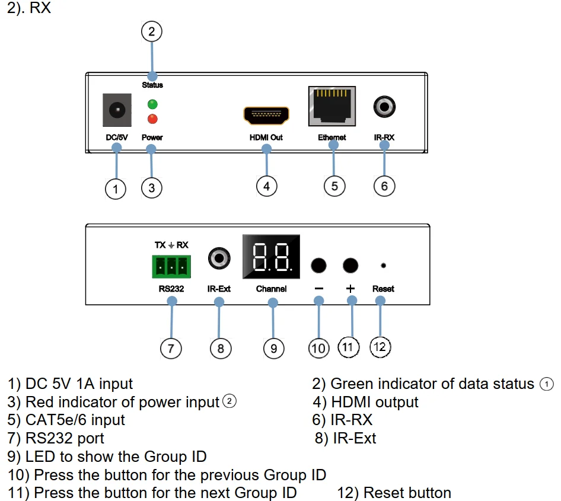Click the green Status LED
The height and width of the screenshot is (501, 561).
click(x=152, y=104)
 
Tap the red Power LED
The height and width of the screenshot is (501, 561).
click(x=152, y=119)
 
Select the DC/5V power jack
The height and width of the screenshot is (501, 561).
click(x=117, y=110)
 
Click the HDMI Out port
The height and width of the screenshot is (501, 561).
click(x=266, y=115)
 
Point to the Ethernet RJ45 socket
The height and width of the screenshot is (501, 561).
click(x=332, y=106)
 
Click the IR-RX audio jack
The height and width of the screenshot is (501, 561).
click(x=384, y=107)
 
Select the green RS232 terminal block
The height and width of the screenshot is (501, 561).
click(x=171, y=266)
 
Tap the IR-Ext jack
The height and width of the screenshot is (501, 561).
click(x=219, y=258)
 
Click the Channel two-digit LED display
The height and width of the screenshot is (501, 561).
click(x=270, y=257)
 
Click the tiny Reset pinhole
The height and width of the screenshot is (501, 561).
click(x=383, y=266)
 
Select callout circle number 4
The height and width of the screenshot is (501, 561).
click(x=267, y=186)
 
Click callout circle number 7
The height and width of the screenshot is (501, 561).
click(x=171, y=348)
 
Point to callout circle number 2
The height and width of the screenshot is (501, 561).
click(x=152, y=31)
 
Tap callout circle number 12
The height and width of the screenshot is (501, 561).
click(x=380, y=347)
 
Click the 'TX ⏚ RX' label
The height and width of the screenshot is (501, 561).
click(x=171, y=245)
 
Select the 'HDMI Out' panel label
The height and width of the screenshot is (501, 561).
click(x=266, y=138)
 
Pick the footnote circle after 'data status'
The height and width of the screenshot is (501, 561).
click(x=546, y=384)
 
